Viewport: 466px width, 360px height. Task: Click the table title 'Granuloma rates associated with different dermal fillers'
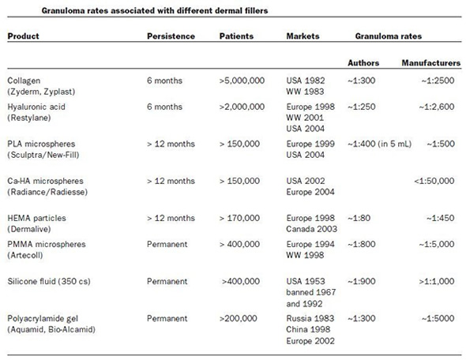pos(155,11)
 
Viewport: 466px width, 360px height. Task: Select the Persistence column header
pos(171,36)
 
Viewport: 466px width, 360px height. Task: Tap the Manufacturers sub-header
pos(431,63)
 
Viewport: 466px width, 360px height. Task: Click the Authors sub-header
pos(363,63)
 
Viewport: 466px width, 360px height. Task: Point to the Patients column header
pos(236,36)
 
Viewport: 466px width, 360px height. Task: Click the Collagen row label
pos(24,81)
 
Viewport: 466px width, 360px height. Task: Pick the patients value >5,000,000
pos(242,81)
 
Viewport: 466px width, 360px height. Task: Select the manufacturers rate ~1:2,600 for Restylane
pos(437,107)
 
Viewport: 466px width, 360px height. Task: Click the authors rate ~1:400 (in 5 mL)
pos(380,144)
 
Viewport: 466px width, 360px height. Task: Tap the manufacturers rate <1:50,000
pos(434,181)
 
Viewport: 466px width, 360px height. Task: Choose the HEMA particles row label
pos(36,218)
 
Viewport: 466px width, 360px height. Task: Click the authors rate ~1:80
pos(359,218)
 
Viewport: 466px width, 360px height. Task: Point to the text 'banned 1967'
pos(311,292)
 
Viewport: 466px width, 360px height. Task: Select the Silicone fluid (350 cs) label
pos(49,281)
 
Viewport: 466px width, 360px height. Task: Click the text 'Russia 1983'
pos(310,318)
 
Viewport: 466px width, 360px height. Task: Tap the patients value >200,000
pos(238,318)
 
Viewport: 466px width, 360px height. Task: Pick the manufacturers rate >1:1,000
pos(437,281)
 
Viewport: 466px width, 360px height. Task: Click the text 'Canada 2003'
pos(311,229)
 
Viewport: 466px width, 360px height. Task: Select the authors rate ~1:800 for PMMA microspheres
pos(362,244)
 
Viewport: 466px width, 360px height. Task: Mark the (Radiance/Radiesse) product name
pos(47,192)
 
